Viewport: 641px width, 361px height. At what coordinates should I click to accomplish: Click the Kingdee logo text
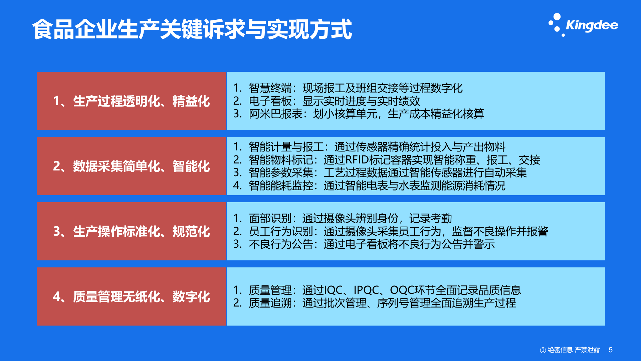pos(592,25)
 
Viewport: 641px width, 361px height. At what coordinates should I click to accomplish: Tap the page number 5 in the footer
pos(611,350)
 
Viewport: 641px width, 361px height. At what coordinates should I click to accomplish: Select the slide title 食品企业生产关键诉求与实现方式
pos(192,29)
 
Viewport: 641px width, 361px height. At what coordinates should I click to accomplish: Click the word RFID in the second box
pos(357,160)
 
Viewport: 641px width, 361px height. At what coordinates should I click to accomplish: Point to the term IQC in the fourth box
pos(333,290)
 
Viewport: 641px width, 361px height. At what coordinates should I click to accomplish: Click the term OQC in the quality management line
pos(402,290)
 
